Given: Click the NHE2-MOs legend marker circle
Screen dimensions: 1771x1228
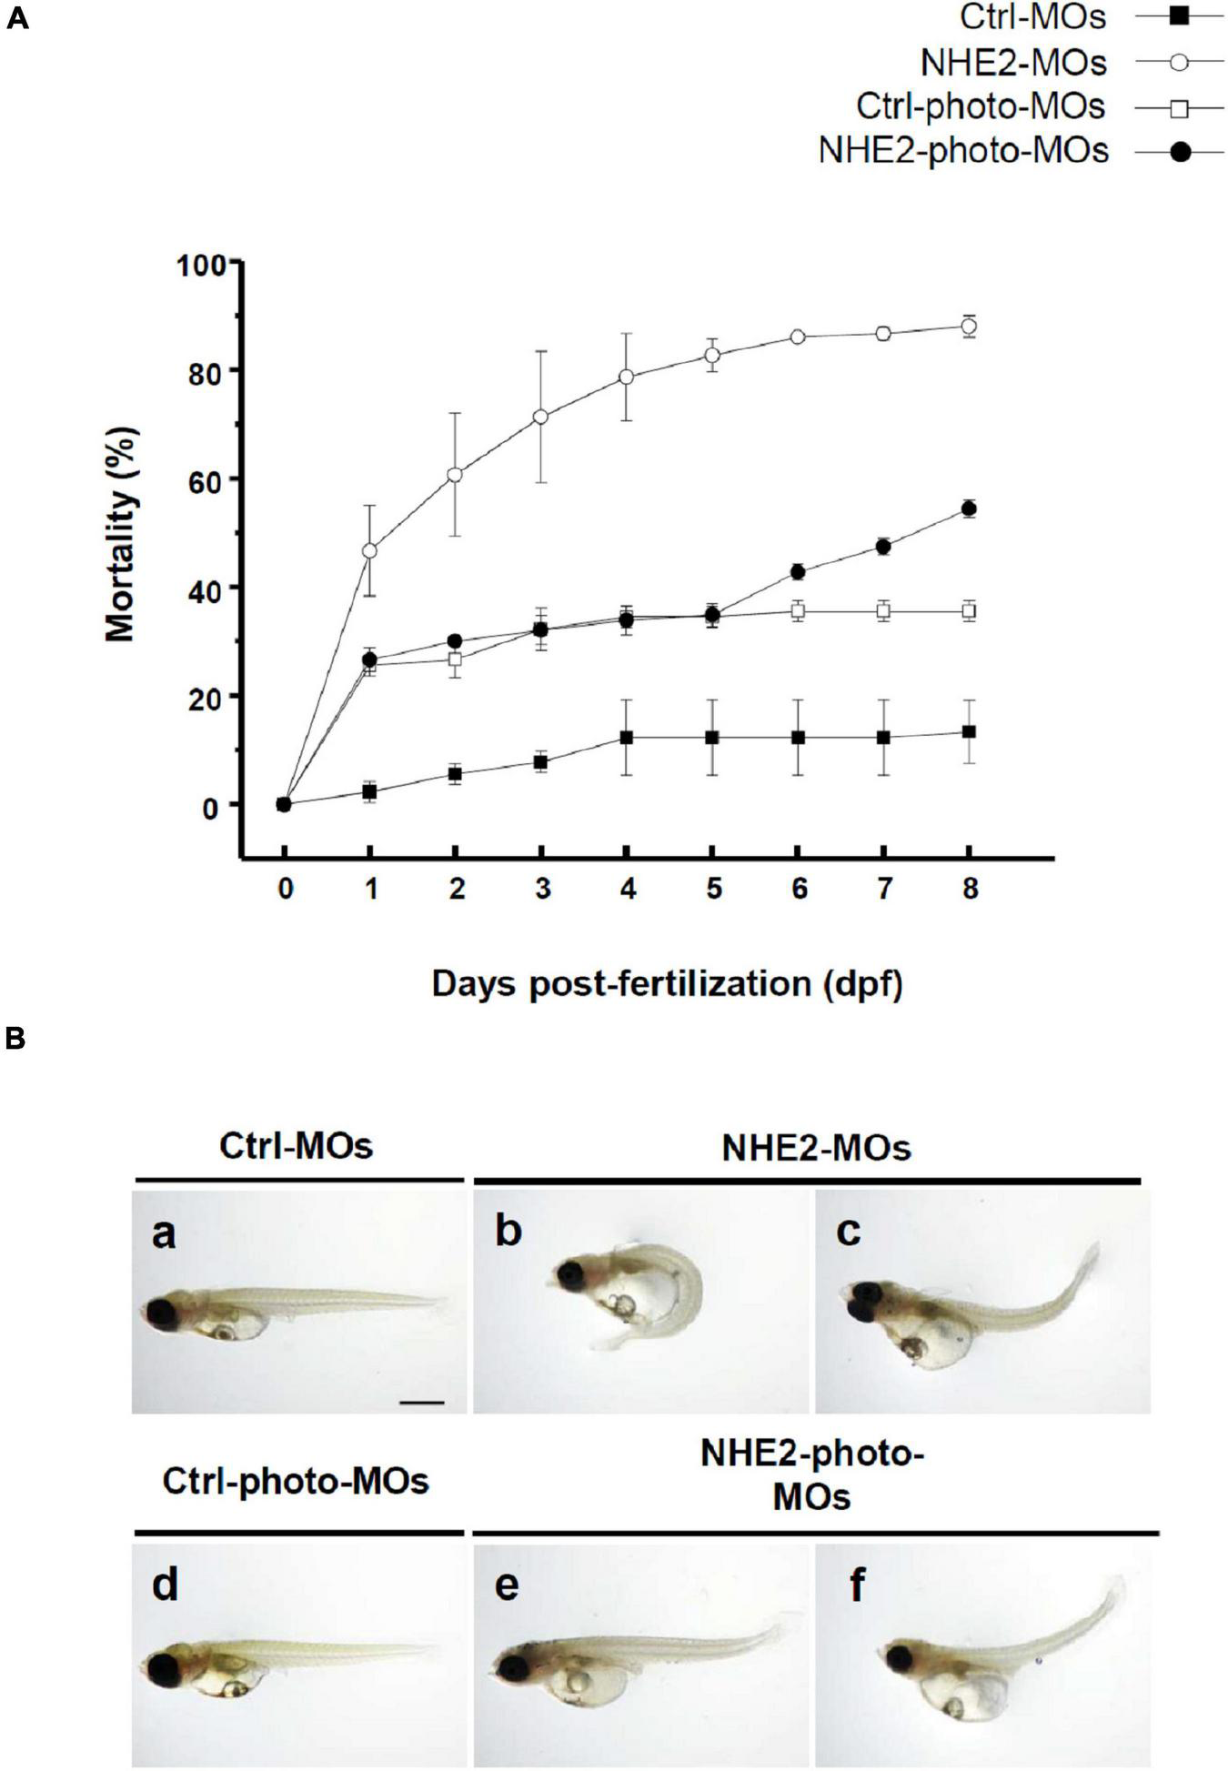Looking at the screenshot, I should [1179, 63].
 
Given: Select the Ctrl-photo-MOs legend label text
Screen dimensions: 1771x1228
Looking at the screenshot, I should [981, 106].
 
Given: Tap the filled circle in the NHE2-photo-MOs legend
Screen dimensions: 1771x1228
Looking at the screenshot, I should [1180, 151].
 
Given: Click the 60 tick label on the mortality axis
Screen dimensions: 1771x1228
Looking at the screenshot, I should [210, 480].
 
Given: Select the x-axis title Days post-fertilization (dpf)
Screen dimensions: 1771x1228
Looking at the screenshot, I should [667, 984].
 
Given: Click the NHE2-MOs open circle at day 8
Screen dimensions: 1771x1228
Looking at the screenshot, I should [969, 326].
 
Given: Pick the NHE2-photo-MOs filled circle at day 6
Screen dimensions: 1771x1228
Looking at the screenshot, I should [798, 571].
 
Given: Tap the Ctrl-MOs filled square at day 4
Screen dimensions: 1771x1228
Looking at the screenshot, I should [627, 738].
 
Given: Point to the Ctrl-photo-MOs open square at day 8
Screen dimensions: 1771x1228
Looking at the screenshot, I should [969, 611].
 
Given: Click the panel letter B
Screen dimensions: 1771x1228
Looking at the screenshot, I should [16, 1038].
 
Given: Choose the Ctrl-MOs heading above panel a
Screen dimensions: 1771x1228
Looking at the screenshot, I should [296, 1146].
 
